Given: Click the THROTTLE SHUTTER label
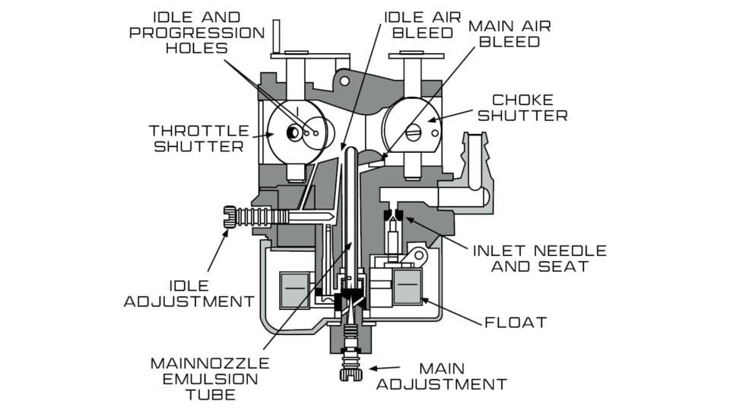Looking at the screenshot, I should [x=199, y=138].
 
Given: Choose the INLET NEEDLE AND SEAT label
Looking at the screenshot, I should [x=539, y=258].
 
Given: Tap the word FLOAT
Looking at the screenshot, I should [x=516, y=322].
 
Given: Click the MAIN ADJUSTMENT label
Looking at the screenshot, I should [x=441, y=375].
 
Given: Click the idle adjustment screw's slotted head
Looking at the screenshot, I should [x=230, y=215].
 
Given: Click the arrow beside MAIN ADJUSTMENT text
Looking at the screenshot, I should [x=381, y=368].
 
